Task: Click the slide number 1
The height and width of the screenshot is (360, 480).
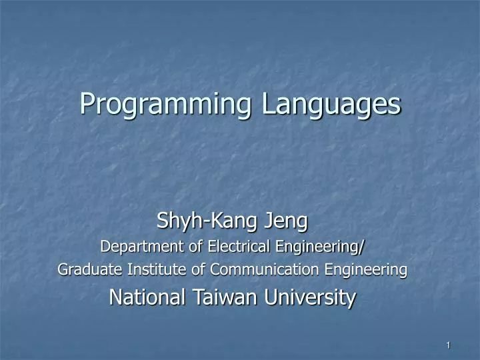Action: (x=449, y=345)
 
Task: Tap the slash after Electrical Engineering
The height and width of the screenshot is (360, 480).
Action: (x=362, y=247)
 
